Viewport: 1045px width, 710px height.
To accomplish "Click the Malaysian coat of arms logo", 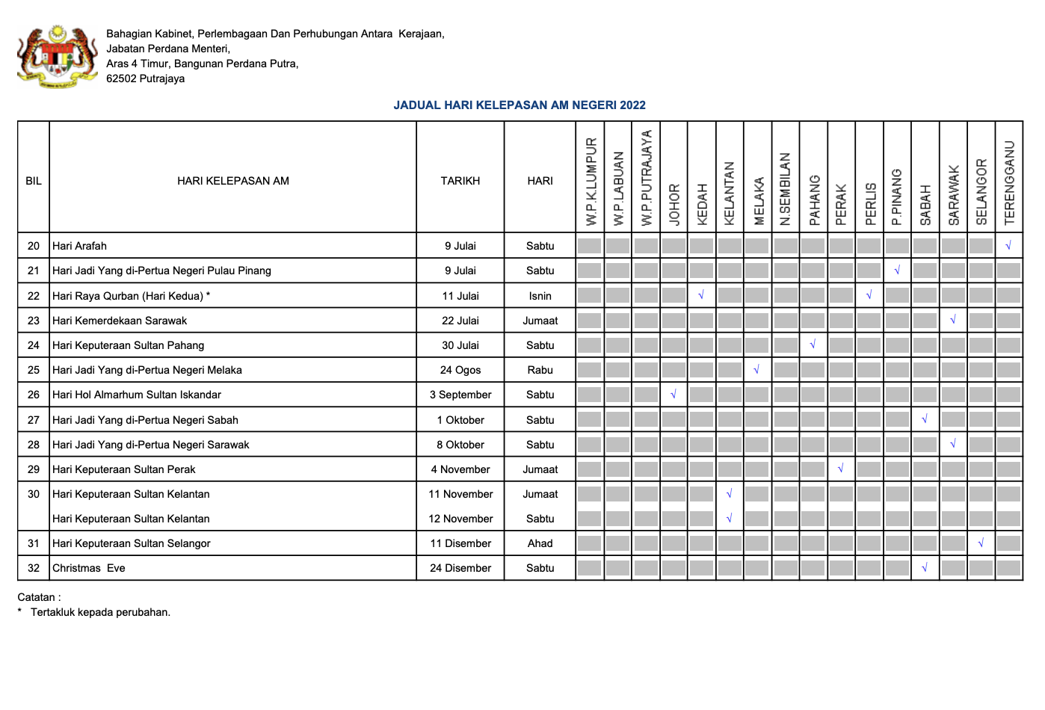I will click(58, 57).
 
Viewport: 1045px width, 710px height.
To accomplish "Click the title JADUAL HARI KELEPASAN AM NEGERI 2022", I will click(520, 105).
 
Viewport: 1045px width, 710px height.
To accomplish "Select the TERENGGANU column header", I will click(1009, 182).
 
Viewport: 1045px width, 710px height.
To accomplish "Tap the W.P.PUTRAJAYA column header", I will click(647, 178).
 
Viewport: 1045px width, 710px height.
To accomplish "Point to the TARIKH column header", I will click(460, 181).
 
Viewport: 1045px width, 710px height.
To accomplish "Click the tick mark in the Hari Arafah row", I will click(1008, 245).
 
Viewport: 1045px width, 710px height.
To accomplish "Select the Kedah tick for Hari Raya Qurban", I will click(701, 295).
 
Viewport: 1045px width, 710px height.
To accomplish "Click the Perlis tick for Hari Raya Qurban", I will click(869, 295).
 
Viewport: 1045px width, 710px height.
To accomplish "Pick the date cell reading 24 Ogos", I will click(460, 370).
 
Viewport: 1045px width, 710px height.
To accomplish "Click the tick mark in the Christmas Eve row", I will click(925, 568).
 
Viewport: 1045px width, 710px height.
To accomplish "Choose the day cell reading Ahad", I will click(540, 543).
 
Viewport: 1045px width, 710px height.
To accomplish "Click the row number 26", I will click(34, 395).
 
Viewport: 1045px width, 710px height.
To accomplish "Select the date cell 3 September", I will click(460, 395).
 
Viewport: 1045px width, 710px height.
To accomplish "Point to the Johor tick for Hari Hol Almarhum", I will click(673, 395).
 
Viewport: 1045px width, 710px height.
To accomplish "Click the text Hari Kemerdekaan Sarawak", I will click(120, 321).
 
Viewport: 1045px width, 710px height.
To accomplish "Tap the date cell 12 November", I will click(460, 519).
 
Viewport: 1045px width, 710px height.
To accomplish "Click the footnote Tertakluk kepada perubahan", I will click(100, 612).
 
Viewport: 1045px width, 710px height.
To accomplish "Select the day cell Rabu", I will click(540, 370).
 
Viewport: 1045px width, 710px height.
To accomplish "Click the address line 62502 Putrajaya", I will click(145, 78).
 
